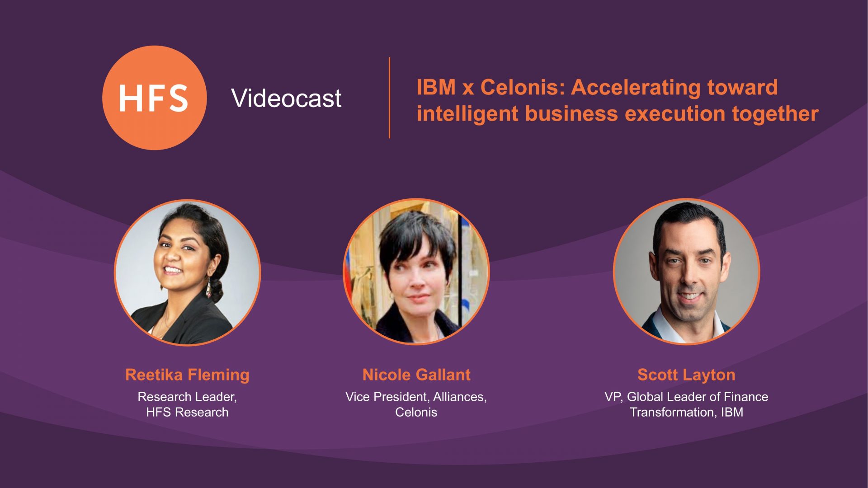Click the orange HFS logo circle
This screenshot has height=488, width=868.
coord(155,98)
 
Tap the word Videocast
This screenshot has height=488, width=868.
coord(286,98)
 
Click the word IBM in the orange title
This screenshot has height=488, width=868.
coord(436,87)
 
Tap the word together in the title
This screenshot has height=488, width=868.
coord(775,114)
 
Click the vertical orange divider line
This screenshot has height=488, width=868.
coord(389,98)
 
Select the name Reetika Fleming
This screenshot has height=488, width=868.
coord(187,375)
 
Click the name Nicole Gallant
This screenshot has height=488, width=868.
coord(416,375)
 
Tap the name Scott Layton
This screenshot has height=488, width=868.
coord(686,375)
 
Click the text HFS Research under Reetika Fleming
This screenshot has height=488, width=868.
coord(187,412)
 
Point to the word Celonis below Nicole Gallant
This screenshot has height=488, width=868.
coord(416,412)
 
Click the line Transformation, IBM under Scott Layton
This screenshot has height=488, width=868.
coord(686,412)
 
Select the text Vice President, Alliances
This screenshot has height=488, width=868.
coord(416,397)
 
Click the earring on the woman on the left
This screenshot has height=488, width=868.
coord(209,288)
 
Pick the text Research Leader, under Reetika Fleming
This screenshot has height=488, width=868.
coord(187,397)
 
